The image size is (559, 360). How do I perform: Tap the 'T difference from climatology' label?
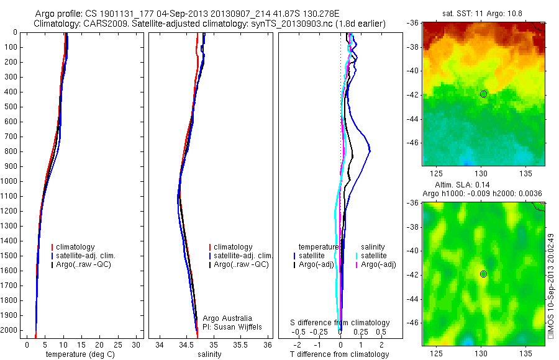pos(340,354)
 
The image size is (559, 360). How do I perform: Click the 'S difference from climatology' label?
pos(340,323)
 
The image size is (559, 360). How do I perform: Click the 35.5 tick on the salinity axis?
pos(240,344)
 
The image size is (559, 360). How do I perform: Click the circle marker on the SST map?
pos(484,94)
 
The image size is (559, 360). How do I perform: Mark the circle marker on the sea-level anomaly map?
pos(484,274)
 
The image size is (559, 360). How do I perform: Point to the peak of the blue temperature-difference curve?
pos(370,151)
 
